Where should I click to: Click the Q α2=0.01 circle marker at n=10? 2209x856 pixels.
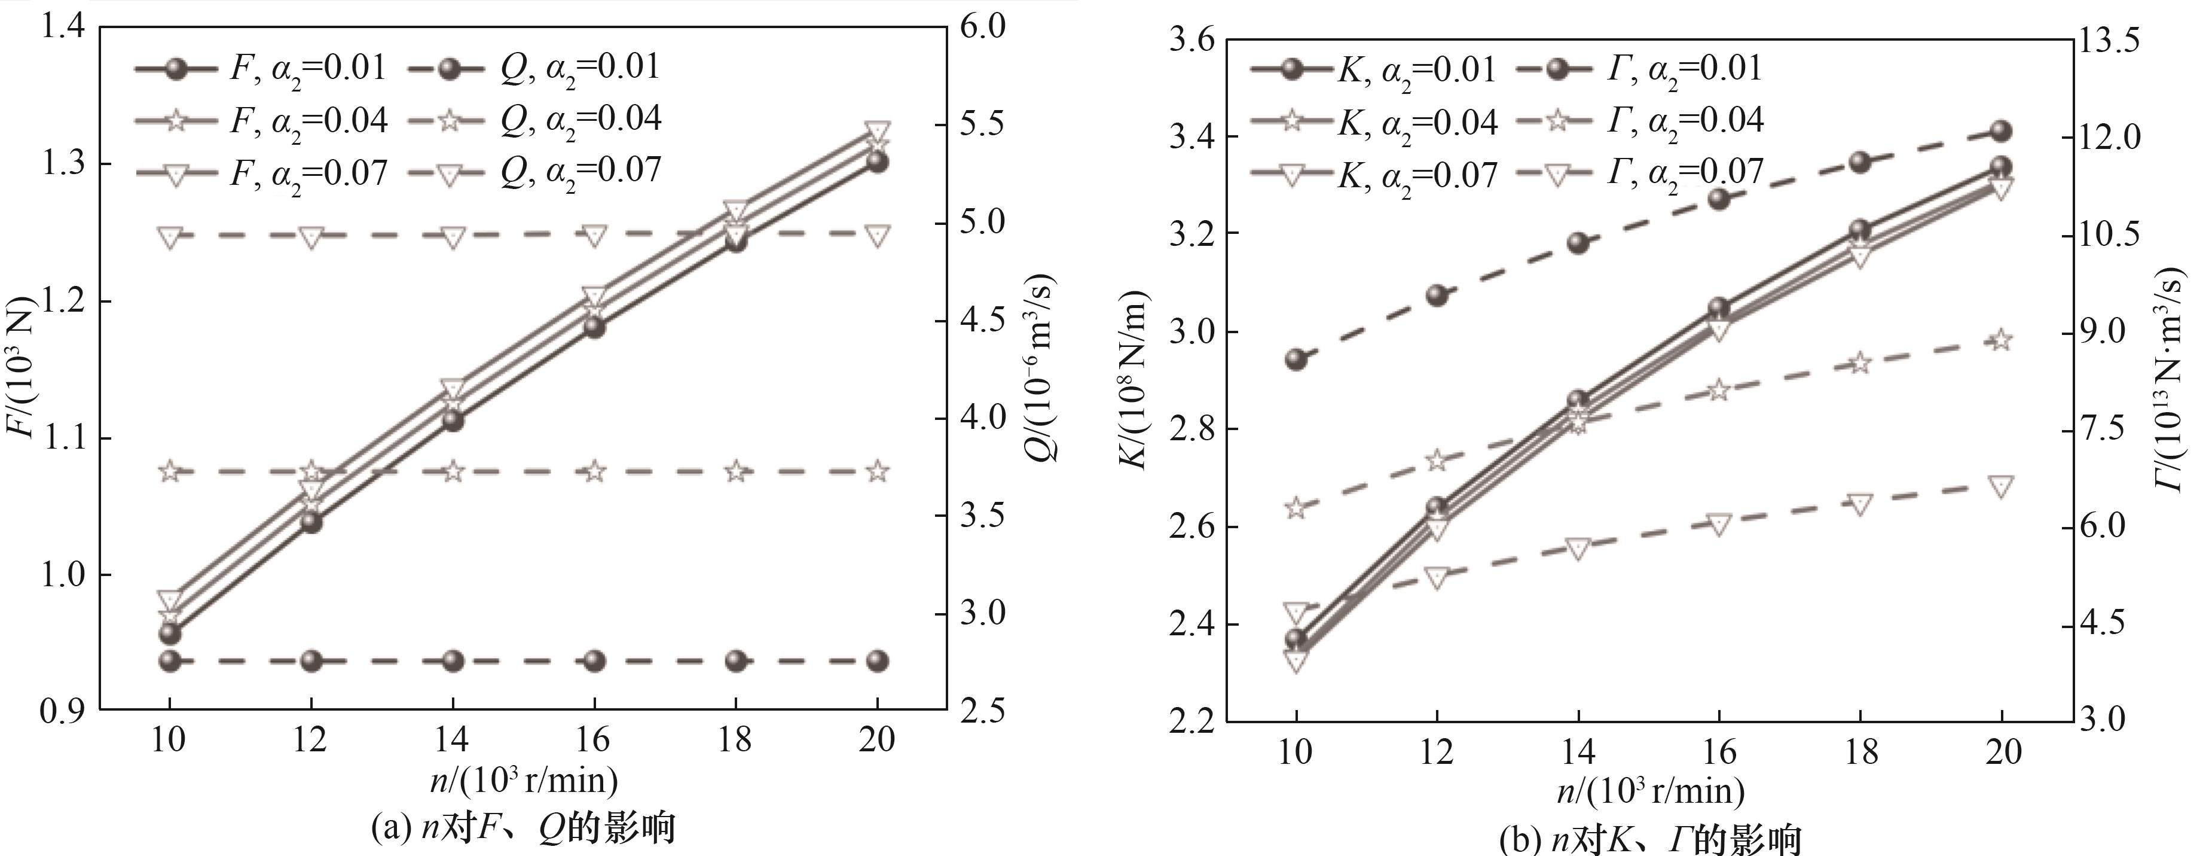pos(170,660)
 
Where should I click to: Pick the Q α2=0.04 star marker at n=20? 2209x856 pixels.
pos(876,471)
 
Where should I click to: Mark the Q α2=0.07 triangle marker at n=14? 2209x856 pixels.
pos(453,236)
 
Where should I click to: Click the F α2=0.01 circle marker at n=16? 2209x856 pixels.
pos(594,327)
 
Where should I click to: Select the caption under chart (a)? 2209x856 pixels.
pos(523,828)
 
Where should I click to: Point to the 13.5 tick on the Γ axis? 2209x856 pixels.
pos(2124,40)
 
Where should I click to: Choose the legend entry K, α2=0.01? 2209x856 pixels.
pos(1372,69)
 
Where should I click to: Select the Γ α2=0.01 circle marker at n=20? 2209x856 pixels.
pos(2000,130)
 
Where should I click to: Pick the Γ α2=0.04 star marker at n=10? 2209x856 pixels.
pos(1296,508)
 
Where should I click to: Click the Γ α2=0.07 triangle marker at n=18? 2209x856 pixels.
pos(1859,504)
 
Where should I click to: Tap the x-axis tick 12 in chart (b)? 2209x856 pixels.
pos(1437,753)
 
